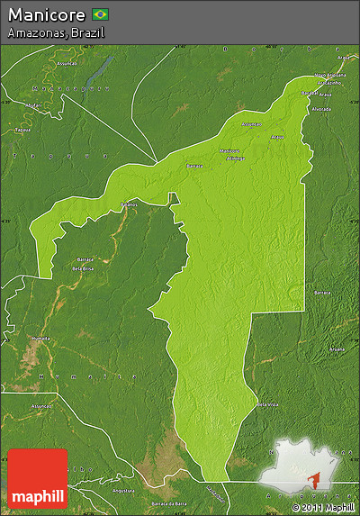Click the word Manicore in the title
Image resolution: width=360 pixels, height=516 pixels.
[x=47, y=14]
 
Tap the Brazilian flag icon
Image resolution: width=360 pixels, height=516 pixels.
[x=101, y=14]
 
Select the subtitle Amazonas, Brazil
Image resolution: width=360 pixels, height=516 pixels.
[x=55, y=32]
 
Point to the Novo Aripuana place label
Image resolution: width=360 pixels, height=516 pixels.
[x=329, y=75]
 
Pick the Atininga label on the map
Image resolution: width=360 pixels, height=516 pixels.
[x=236, y=157]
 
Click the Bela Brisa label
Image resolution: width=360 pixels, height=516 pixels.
[x=83, y=269]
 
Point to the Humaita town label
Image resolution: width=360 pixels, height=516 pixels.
[x=40, y=338]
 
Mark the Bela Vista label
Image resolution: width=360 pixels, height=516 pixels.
[x=266, y=404]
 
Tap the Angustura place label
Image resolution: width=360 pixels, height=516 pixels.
[x=123, y=491]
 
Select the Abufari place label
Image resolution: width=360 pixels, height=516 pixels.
[x=33, y=104]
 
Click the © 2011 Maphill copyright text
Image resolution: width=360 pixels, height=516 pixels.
[x=323, y=508]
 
